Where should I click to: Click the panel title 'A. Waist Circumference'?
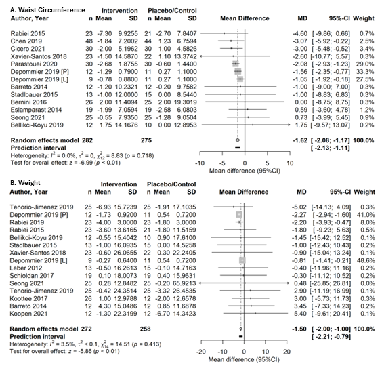tap(47, 10)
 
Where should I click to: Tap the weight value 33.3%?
tap(366, 72)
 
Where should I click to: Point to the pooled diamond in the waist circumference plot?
tap(238, 140)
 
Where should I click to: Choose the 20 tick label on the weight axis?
tap(287, 352)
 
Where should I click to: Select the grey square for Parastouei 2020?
tap(235, 64)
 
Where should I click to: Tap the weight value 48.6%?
tap(368, 260)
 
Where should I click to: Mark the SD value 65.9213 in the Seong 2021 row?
tap(184, 283)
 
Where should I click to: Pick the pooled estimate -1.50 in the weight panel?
tap(299, 329)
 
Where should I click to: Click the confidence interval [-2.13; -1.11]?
tap(331, 148)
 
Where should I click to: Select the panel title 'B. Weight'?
tap(25, 183)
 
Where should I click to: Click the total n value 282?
tap(87, 140)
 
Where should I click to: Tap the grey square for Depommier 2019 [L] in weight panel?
tap(242, 260)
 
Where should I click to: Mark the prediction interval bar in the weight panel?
tap(241, 337)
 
